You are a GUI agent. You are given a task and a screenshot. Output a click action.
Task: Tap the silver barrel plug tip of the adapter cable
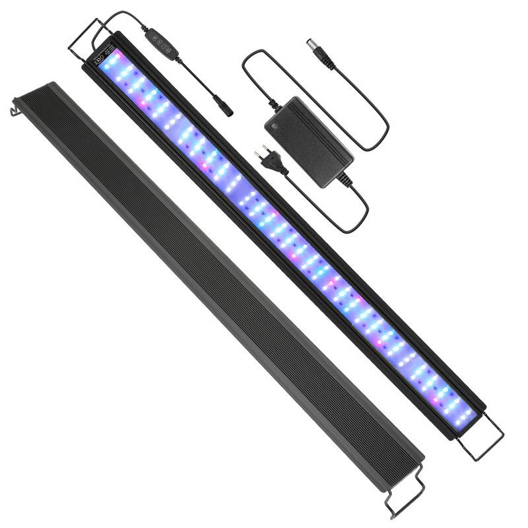(x=310, y=44)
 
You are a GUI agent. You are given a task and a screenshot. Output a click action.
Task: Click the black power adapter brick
(x=310, y=141)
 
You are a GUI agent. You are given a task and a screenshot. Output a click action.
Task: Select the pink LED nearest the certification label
(x=141, y=104)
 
